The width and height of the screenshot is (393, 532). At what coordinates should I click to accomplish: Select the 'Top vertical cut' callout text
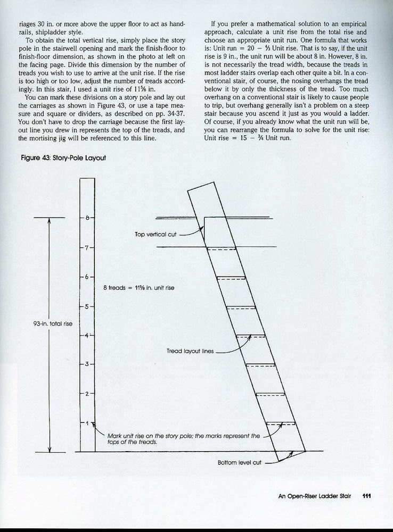pyautogui.click(x=155, y=234)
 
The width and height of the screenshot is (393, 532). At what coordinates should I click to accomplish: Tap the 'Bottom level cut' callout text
pyautogui.click(x=240, y=462)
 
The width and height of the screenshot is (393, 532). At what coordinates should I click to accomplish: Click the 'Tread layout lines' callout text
pyautogui.click(x=190, y=351)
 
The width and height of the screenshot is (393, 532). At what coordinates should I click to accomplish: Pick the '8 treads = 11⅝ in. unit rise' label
pyautogui.click(x=138, y=288)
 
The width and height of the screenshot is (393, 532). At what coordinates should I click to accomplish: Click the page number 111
pyautogui.click(x=366, y=496)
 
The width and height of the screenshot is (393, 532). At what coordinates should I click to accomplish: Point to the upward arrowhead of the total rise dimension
pyautogui.click(x=49, y=221)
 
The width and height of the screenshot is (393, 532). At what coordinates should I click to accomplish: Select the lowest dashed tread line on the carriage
pyautogui.click(x=280, y=423)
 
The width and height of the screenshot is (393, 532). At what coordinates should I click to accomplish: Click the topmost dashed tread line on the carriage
pyautogui.click(x=221, y=249)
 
